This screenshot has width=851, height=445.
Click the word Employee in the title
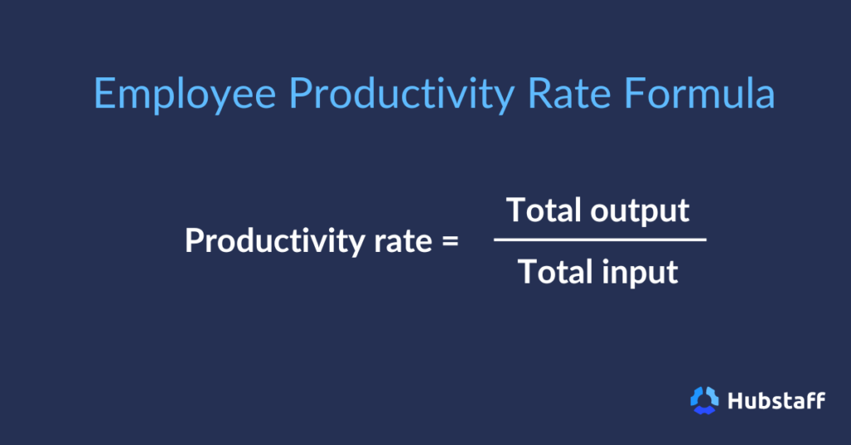point(184,95)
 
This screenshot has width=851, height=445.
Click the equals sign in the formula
point(450,242)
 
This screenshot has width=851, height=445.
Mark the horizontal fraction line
point(599,240)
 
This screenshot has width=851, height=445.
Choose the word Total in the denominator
point(554,272)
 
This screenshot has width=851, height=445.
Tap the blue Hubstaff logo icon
point(704,400)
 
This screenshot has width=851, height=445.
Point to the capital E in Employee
point(103,93)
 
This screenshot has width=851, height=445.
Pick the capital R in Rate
point(539,93)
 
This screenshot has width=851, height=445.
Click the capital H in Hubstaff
point(735,400)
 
